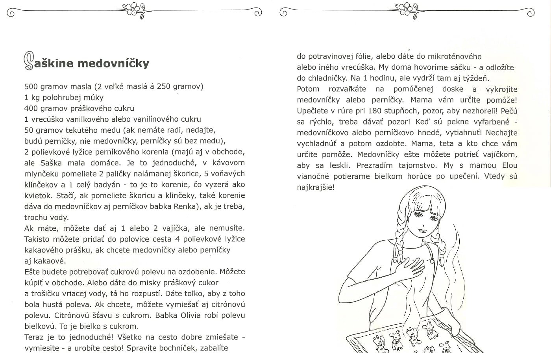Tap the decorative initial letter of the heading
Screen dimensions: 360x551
click(28, 61)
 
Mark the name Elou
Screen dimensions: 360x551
click(510, 165)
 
